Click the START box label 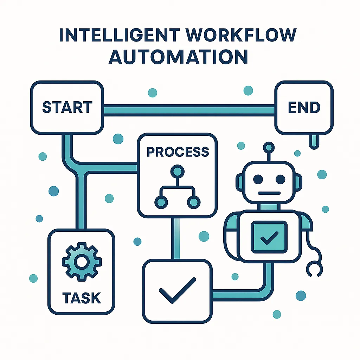[x=67, y=108]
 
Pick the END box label [x=304, y=108]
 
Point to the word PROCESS [x=178, y=152]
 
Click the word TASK [x=82, y=298]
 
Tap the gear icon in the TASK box [x=82, y=262]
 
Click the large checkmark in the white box [x=177, y=290]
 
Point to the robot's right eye [x=280, y=179]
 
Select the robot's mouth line [x=269, y=193]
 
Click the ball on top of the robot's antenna [x=269, y=146]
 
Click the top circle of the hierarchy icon [x=177, y=172]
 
